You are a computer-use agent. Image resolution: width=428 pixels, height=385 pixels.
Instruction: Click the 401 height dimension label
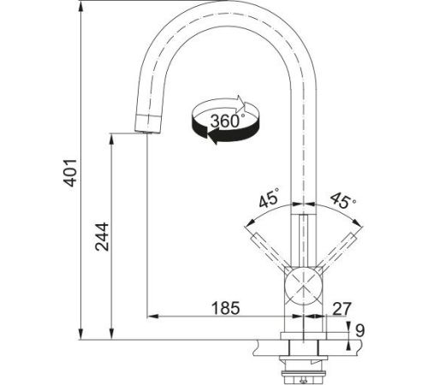(70, 173)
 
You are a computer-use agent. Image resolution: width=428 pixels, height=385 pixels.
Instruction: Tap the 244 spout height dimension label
(102, 237)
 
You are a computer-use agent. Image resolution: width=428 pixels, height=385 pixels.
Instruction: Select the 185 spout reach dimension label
(225, 308)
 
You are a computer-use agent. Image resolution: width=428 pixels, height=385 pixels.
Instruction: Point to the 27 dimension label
(342, 308)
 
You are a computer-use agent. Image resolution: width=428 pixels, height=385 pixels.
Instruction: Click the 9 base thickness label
(360, 331)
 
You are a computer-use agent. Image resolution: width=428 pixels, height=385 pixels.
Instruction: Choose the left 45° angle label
(269, 198)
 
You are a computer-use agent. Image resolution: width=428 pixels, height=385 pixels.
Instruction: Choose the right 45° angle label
(342, 199)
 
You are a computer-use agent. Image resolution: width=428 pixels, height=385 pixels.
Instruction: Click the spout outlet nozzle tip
(148, 123)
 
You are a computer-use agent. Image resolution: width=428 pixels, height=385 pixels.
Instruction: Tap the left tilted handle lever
(269, 251)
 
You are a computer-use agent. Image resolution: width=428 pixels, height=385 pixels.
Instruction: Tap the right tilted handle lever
(338, 251)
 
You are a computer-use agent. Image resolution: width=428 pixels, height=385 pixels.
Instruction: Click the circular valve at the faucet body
(304, 286)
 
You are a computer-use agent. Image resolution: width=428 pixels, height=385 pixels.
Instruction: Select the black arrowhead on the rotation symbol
(212, 136)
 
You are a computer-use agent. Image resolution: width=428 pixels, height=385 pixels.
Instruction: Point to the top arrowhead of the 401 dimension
(81, 6)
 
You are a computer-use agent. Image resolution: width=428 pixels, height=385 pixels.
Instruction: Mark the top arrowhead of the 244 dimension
(112, 139)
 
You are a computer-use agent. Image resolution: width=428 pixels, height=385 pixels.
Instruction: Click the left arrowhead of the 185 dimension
(152, 316)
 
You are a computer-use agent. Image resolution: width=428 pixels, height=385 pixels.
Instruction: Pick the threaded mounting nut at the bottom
(304, 373)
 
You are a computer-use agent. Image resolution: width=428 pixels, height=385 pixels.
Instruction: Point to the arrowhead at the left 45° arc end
(250, 223)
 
